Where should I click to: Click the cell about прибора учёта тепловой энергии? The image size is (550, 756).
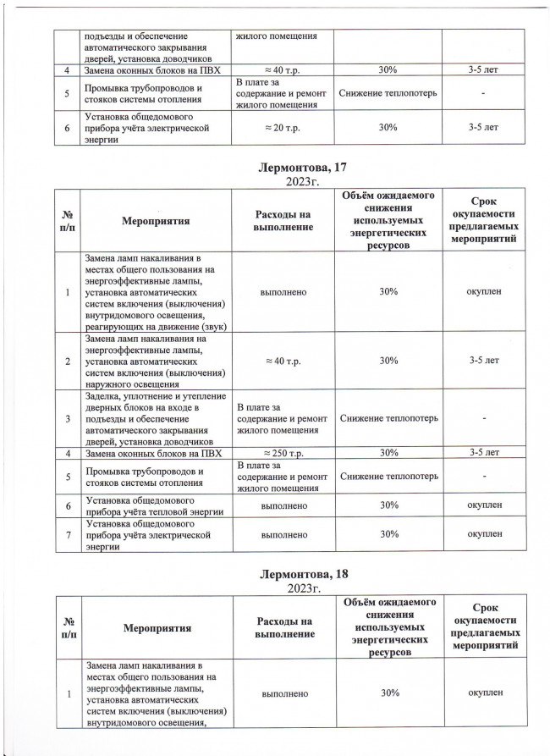pos(152,505)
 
